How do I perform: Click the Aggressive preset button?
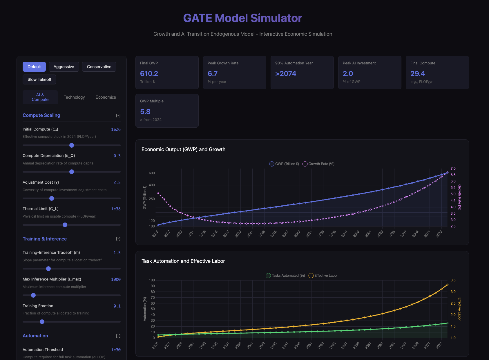pyautogui.click(x=64, y=67)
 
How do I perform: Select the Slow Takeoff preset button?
pyautogui.click(x=39, y=79)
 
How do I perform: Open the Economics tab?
pyautogui.click(x=106, y=97)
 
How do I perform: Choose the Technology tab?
pyautogui.click(x=74, y=97)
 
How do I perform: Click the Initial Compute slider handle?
pyautogui.click(x=72, y=145)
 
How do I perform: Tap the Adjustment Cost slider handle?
pyautogui.click(x=52, y=198)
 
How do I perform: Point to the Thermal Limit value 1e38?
pyautogui.click(x=116, y=209)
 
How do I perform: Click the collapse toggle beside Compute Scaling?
pyautogui.click(x=118, y=115)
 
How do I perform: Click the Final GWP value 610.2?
pyautogui.click(x=149, y=74)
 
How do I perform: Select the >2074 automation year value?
pyautogui.click(x=286, y=74)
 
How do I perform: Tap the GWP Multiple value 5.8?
pyautogui.click(x=145, y=112)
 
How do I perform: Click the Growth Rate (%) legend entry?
pyautogui.click(x=318, y=164)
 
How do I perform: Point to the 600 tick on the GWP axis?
pyautogui.click(x=152, y=173)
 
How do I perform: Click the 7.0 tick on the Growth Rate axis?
pyautogui.click(x=453, y=169)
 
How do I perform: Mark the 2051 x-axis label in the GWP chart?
pyautogui.click(x=309, y=234)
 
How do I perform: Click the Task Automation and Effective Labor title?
pyautogui.click(x=183, y=261)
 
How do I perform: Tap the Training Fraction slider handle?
pyautogui.click(x=42, y=322)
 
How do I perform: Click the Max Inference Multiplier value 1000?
pyautogui.click(x=116, y=279)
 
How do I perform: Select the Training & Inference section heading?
pyautogui.click(x=45, y=239)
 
